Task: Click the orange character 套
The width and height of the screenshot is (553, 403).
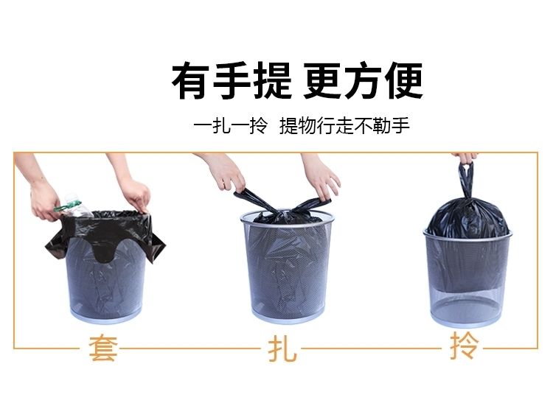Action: point(103,348)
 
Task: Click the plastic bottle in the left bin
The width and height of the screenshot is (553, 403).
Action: point(74,206)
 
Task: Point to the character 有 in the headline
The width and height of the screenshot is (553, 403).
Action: point(192,80)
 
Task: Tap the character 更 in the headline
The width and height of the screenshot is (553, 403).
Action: point(323,80)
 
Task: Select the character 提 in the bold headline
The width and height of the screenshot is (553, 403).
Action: point(273,80)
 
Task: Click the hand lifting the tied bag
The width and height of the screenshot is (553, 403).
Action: point(465,158)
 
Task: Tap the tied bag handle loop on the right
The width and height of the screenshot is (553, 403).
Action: point(466,181)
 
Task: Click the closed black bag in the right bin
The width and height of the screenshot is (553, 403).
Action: point(468,218)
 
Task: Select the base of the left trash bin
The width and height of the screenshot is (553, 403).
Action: point(106,315)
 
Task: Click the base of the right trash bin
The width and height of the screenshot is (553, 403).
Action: point(466,318)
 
